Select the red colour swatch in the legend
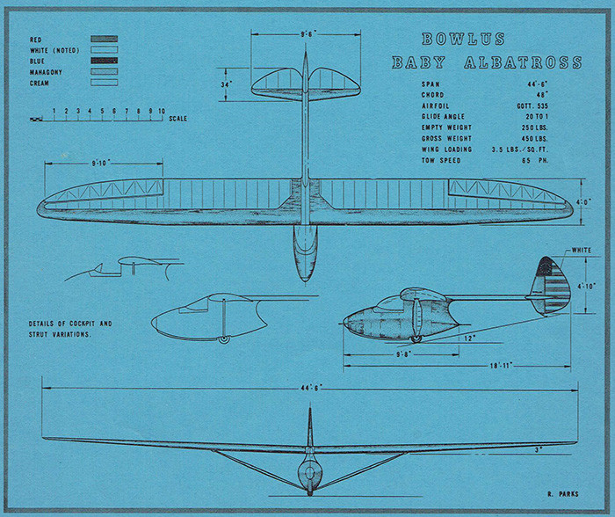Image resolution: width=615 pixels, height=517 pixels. [x=104, y=40]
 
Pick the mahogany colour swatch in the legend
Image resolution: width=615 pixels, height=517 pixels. [x=104, y=72]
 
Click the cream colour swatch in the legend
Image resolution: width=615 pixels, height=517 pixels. [x=104, y=83]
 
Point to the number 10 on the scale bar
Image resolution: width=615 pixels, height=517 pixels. [x=162, y=112]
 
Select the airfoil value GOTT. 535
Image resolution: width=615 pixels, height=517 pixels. [x=549, y=106]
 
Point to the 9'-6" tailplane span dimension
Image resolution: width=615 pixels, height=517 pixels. [x=307, y=34]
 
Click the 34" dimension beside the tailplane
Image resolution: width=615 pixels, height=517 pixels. [x=228, y=84]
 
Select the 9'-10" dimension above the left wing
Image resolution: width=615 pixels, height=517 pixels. [x=100, y=163]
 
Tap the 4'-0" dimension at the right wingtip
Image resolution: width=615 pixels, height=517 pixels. [x=583, y=201]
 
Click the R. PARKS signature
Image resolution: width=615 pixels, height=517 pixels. [x=562, y=495]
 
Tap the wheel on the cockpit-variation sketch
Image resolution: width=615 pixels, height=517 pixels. [x=225, y=339]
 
